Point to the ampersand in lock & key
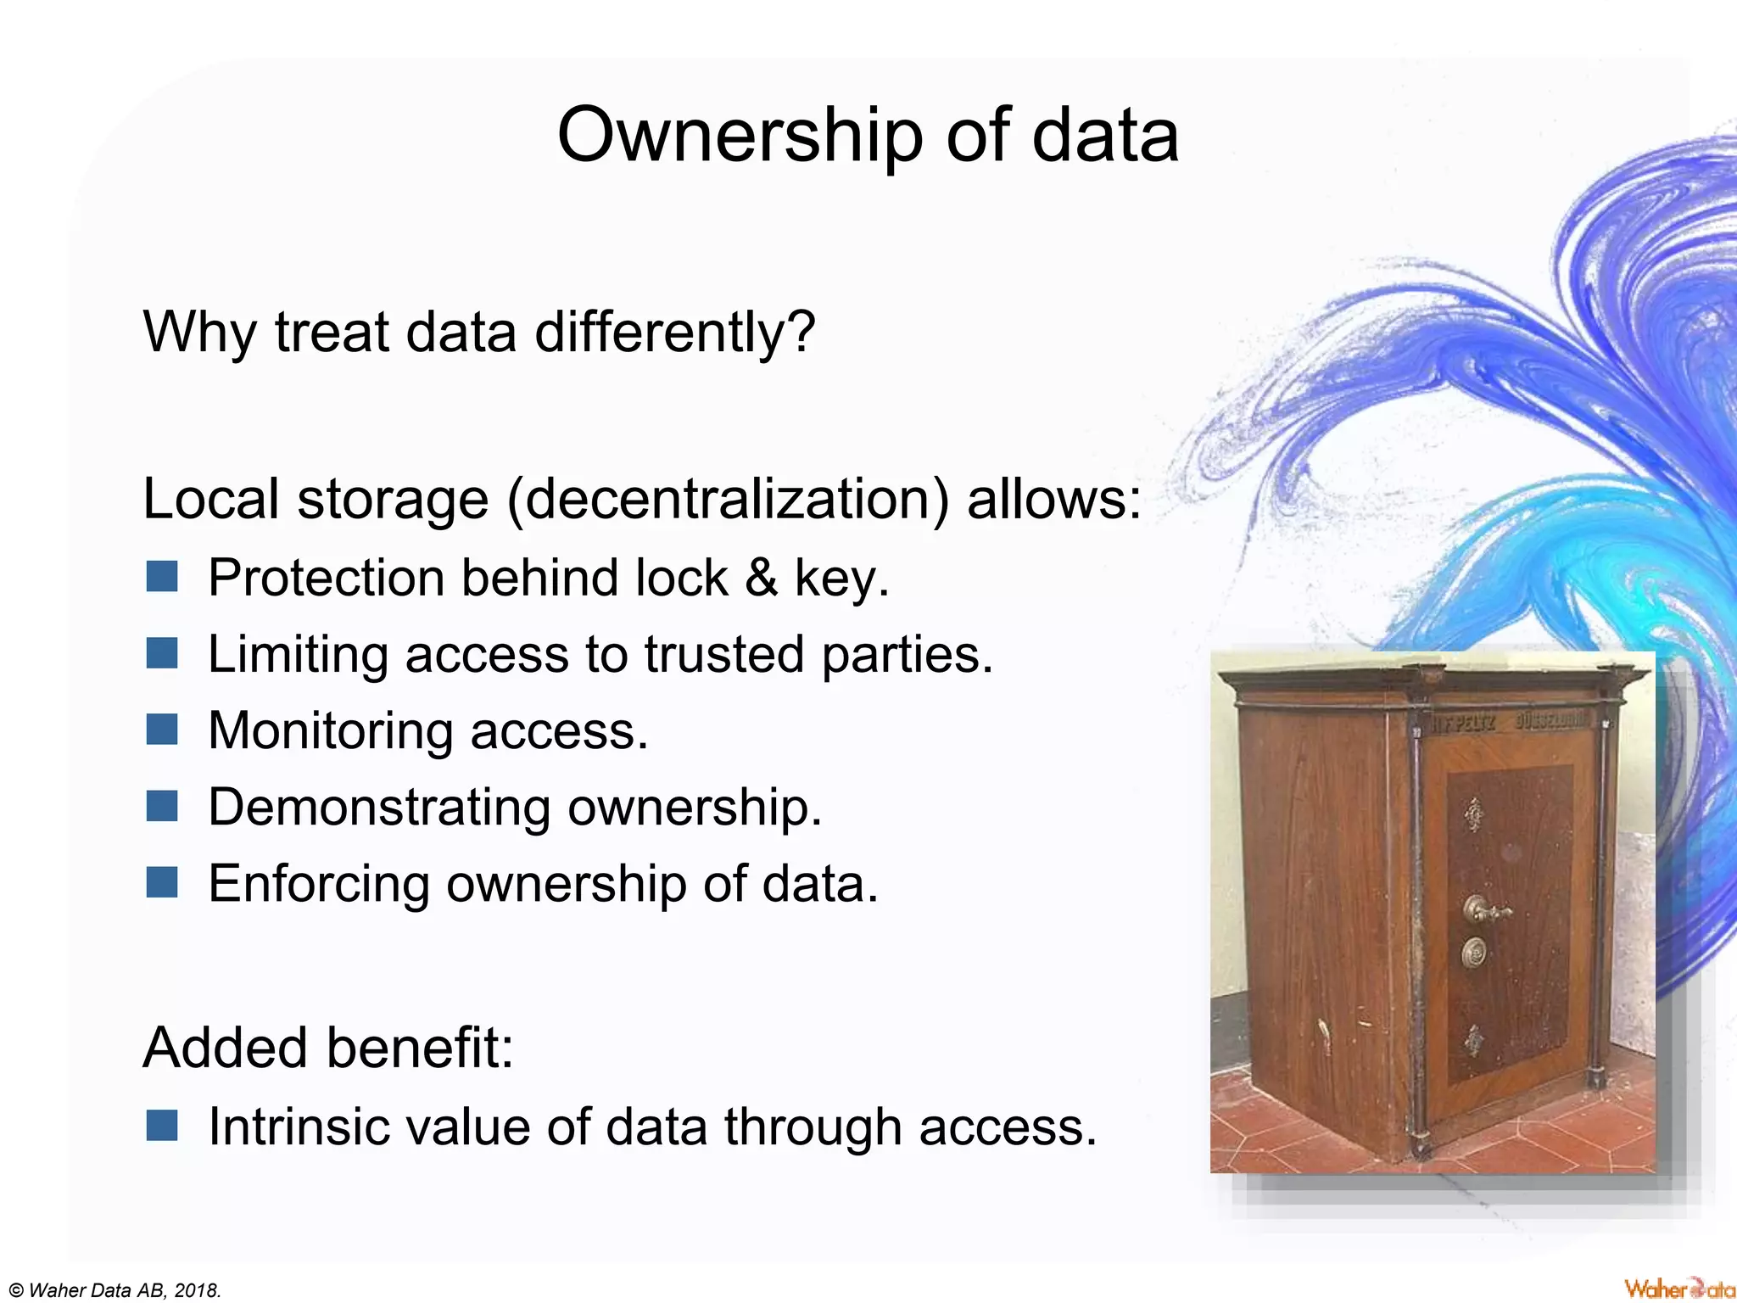click(x=761, y=578)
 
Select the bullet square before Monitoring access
click(x=161, y=730)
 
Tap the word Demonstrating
click(x=378, y=807)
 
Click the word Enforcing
click(x=319, y=884)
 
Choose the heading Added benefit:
click(x=328, y=1048)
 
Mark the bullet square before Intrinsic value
click(x=161, y=1127)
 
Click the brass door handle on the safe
click(x=1485, y=911)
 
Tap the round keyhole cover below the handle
click(x=1476, y=954)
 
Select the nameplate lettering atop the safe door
click(x=1510, y=723)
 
